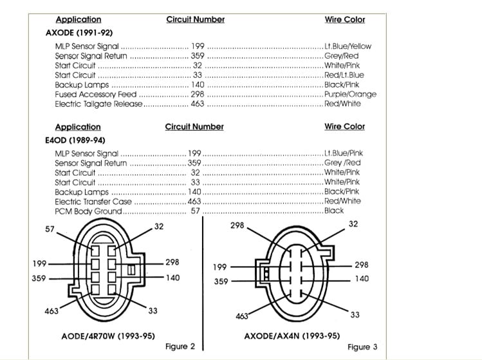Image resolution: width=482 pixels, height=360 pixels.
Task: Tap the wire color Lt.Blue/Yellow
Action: pyautogui.click(x=348, y=46)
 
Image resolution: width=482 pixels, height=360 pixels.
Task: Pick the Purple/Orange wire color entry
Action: pyautogui.click(x=351, y=94)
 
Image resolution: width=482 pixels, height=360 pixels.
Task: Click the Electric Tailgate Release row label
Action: pyautogui.click(x=99, y=104)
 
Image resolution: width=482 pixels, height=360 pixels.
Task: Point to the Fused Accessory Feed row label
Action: pyautogui.click(x=96, y=94)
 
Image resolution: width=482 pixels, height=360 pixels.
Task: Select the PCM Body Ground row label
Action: pyautogui.click(x=88, y=211)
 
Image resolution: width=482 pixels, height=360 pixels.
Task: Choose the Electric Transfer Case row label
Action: pyautogui.click(x=93, y=201)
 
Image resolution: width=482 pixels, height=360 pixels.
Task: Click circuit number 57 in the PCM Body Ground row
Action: pyautogui.click(x=196, y=211)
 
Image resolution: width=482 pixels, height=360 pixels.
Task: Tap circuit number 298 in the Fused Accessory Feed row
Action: pyautogui.click(x=198, y=94)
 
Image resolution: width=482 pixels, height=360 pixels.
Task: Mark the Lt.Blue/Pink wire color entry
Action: pyautogui.click(x=344, y=153)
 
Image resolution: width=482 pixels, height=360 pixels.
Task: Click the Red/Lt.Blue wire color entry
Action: pyautogui.click(x=344, y=75)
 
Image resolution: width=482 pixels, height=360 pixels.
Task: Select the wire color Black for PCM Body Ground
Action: pyautogui.click(x=334, y=211)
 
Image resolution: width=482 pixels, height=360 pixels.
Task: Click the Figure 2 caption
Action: pyautogui.click(x=180, y=346)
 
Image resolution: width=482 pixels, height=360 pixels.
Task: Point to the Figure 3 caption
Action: pyautogui.click(x=362, y=347)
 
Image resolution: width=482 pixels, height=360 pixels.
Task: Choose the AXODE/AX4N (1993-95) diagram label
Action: pyautogui.click(x=292, y=336)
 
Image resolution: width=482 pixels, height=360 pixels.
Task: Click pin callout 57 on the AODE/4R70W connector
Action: pyautogui.click(x=50, y=229)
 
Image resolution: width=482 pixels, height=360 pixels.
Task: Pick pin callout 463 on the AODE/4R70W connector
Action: pyautogui.click(x=51, y=311)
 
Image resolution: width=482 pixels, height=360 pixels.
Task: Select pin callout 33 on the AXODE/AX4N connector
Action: pyautogui.click(x=355, y=314)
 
